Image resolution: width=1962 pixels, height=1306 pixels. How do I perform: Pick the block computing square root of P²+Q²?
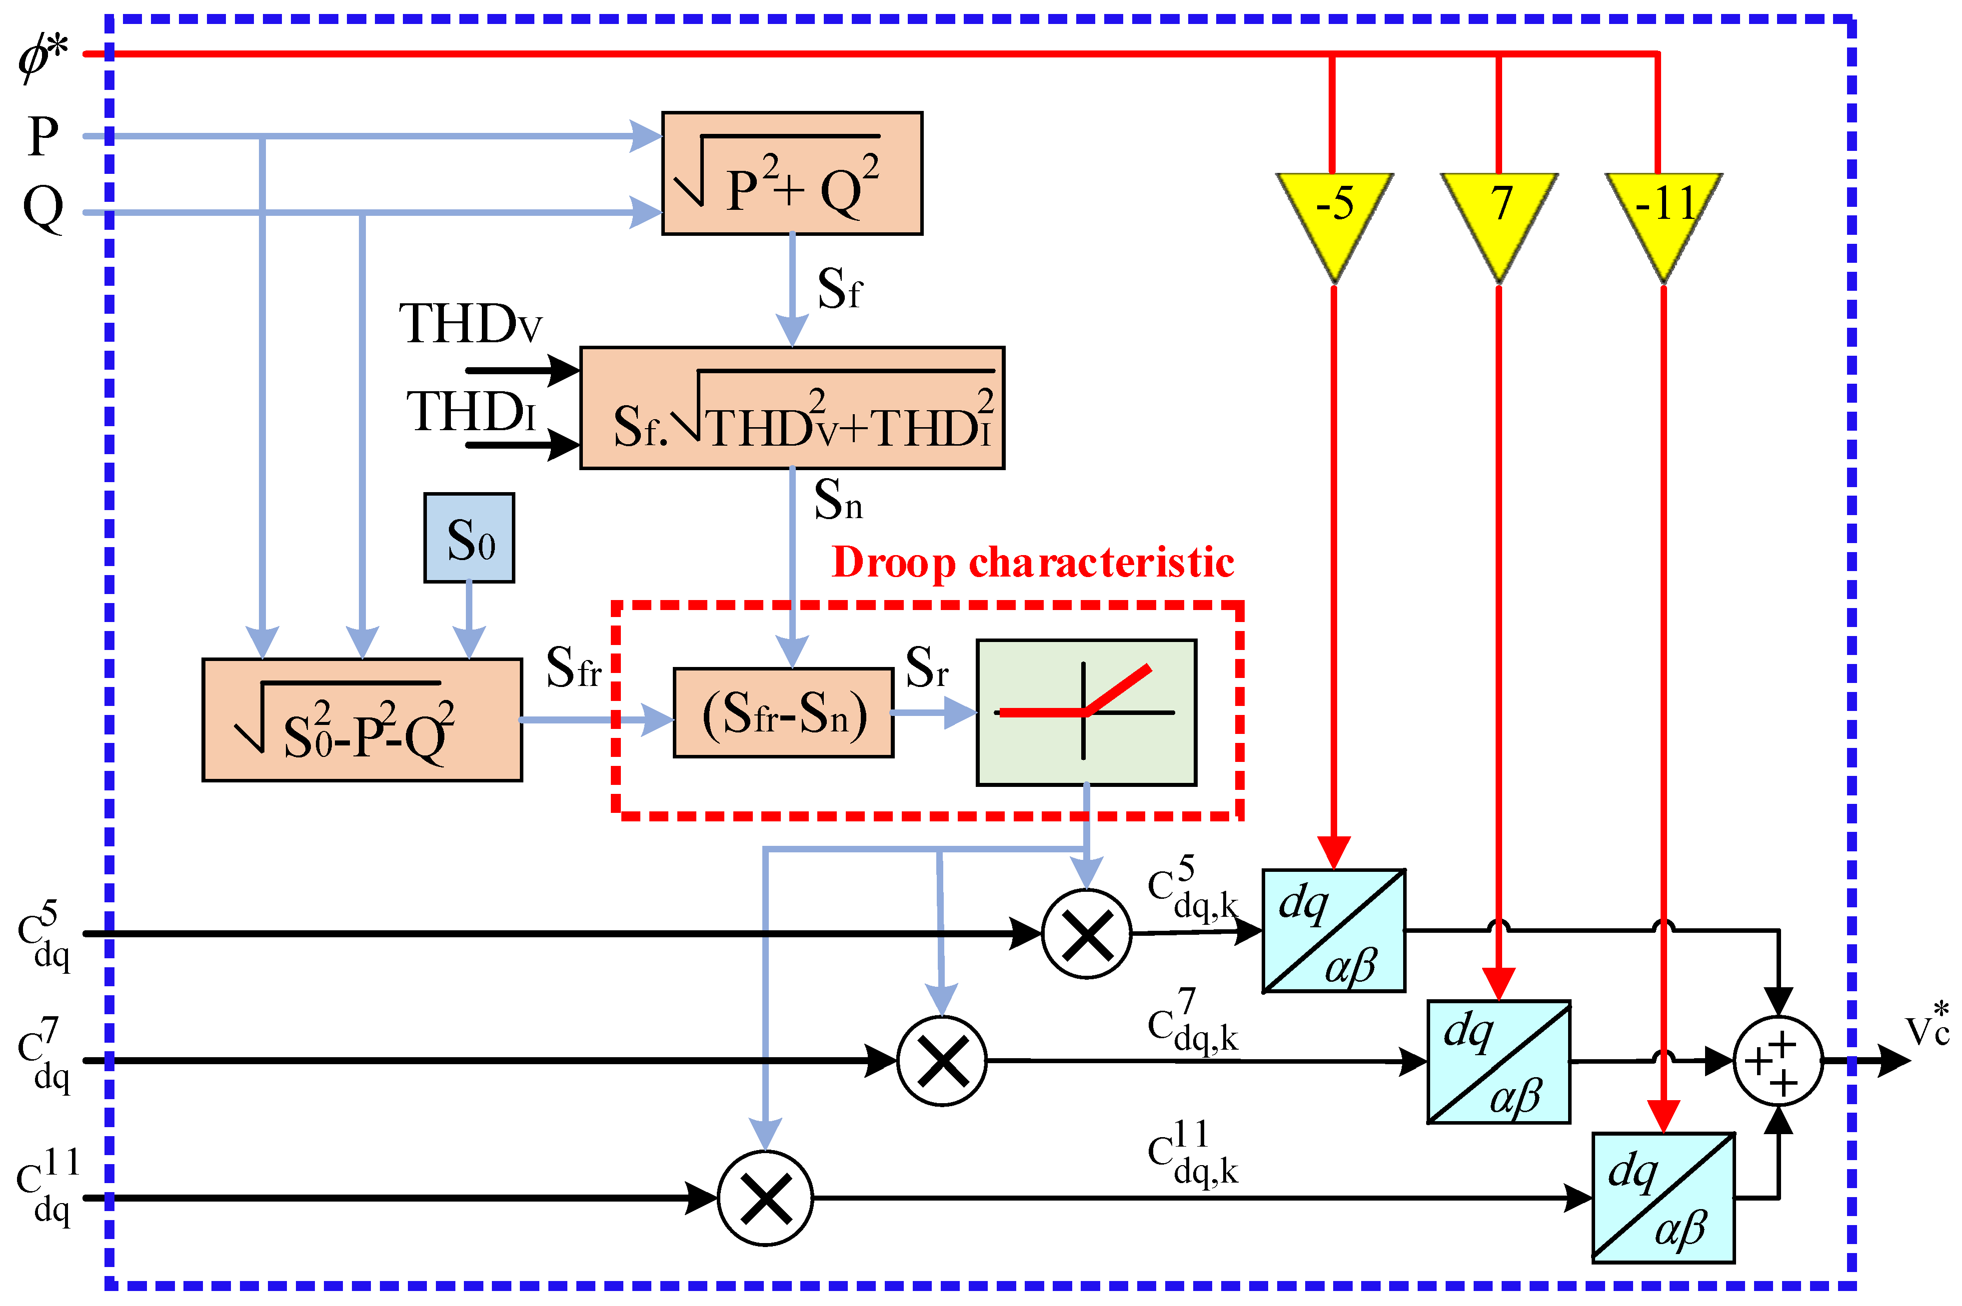click(791, 173)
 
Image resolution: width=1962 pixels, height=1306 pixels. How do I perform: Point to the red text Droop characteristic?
click(1033, 563)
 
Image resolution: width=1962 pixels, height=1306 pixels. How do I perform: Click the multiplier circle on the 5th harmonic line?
click(1086, 934)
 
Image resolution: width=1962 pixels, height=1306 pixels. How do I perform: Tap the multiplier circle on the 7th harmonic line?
click(941, 1061)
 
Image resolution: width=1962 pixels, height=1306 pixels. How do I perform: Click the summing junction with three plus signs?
click(1778, 1061)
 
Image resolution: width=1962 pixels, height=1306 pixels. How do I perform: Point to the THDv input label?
click(471, 325)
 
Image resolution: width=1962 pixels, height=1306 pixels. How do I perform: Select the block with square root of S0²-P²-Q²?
click(362, 719)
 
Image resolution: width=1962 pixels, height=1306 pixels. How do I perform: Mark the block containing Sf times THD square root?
click(791, 408)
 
